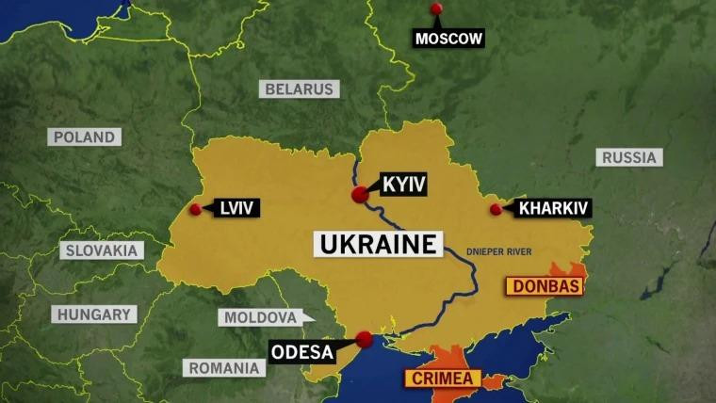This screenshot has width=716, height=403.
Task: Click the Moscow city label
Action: coord(448,39)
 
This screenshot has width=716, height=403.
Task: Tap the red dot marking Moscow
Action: coord(436,8)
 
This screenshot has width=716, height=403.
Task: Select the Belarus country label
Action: coord(300,89)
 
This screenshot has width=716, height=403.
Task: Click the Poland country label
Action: coord(84,137)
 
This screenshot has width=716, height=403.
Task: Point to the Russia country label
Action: coord(628,157)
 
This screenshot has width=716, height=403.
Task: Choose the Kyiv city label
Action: coord(404,184)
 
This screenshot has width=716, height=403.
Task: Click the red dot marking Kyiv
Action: coord(360,195)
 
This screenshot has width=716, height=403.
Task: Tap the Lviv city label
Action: coord(236,208)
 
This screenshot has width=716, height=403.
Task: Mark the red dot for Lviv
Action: coord(195,209)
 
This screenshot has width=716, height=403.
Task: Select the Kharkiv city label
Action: coord(554,208)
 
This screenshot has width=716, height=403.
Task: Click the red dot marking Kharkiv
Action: coord(496,209)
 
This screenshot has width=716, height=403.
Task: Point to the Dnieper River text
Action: coord(499,251)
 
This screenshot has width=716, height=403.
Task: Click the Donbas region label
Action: coord(545,284)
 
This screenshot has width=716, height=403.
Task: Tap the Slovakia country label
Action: coord(102,250)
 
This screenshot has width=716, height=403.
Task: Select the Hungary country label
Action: coord(93,314)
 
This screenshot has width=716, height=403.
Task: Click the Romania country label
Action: coord(223,368)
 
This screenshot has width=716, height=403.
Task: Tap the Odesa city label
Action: coord(302,353)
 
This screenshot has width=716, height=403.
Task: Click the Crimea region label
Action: coord(443,379)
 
